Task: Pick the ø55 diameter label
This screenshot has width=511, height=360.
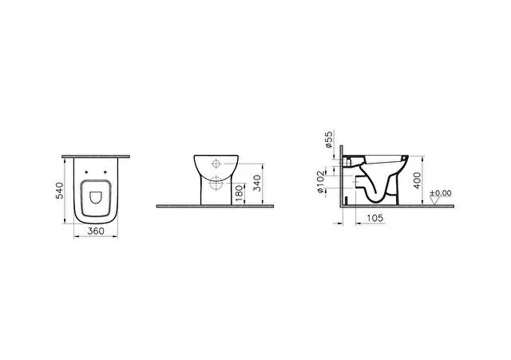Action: tap(328, 140)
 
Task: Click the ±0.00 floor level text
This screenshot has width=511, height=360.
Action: tap(441, 192)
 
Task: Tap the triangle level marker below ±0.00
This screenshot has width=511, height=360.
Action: tap(435, 200)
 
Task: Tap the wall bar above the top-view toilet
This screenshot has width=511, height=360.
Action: tap(97, 152)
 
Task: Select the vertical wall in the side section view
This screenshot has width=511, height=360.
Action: tap(342, 176)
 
